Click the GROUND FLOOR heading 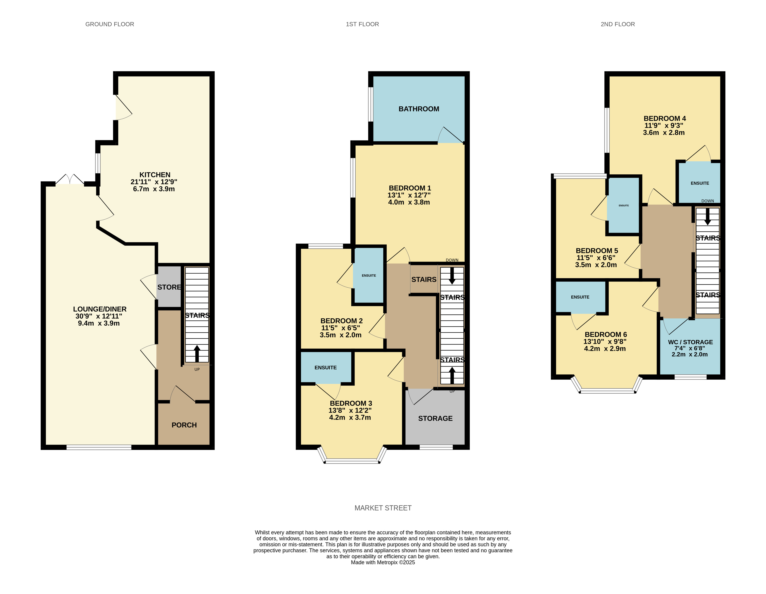click(x=110, y=24)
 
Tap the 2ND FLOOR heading click(x=618, y=24)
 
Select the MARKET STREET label click(x=383, y=508)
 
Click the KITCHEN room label click(x=155, y=175)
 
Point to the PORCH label click(x=184, y=425)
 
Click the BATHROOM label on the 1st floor click(x=419, y=109)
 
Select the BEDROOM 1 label click(x=410, y=188)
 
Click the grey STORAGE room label click(x=435, y=418)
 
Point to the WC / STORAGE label click(x=690, y=342)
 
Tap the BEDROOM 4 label click(x=665, y=119)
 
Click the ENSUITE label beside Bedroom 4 click(x=700, y=183)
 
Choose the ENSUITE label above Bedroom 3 click(x=325, y=367)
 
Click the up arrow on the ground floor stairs click(x=197, y=354)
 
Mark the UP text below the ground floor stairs click(x=197, y=370)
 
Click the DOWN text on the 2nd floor click(x=708, y=201)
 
